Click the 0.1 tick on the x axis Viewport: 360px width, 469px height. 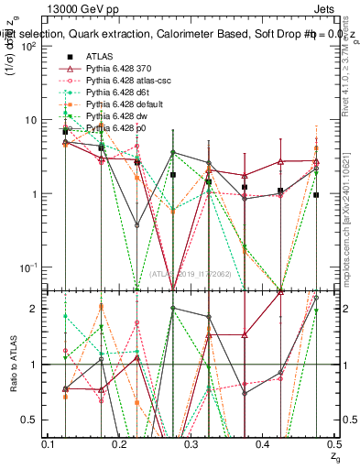pyautogui.click(x=47, y=444)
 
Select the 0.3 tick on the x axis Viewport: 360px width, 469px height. pyautogui.click(x=191, y=444)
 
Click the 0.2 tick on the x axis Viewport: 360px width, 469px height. pyautogui.click(x=119, y=444)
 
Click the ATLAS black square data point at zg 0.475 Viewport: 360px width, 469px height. pyautogui.click(x=316, y=195)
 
